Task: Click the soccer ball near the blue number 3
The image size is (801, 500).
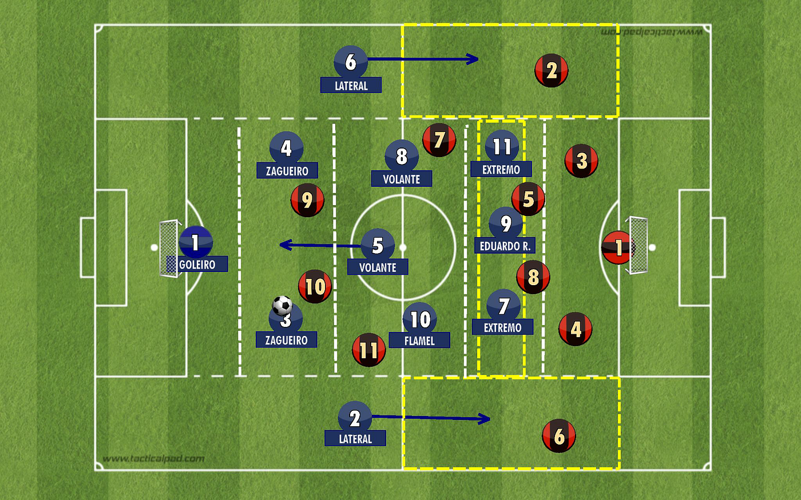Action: [x=282, y=305]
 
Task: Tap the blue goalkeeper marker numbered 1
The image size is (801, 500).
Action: [x=196, y=242]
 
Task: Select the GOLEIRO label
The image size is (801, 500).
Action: [x=197, y=265]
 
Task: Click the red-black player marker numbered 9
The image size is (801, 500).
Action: [x=307, y=200]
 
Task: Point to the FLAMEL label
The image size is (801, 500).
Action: [x=419, y=341]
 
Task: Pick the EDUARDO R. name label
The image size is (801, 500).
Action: [x=505, y=246]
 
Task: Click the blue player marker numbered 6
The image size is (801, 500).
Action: [x=350, y=62]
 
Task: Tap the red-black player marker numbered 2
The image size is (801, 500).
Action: [x=551, y=71]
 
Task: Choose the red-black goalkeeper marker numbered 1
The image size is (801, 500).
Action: [x=617, y=247]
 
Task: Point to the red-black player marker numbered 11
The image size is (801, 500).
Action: [x=368, y=350]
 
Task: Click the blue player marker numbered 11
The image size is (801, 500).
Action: [x=502, y=146]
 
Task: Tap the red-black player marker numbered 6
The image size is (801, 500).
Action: [x=558, y=436]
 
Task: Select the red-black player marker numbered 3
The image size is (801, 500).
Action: [x=581, y=161]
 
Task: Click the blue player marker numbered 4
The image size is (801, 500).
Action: [x=286, y=148]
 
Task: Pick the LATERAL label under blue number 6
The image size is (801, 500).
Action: [x=351, y=86]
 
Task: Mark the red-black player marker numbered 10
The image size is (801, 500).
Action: [x=315, y=286]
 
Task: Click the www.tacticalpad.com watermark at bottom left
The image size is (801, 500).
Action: [x=153, y=458]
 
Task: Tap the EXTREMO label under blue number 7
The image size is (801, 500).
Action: [x=502, y=327]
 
